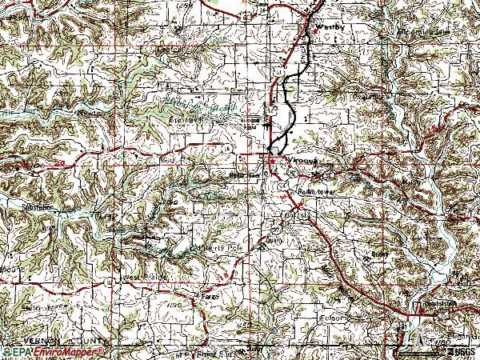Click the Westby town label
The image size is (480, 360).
(x=330, y=26)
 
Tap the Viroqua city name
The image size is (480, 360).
(x=298, y=159)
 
